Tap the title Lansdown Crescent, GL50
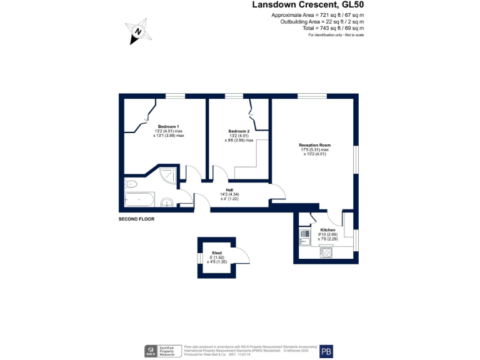pos(307,4)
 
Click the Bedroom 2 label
pos(239,131)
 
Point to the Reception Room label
pos(314,146)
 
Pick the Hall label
pos(230,189)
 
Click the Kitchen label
pos(327,230)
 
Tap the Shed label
pos(217,253)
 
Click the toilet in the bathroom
pos(131,184)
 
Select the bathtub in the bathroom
pos(139,200)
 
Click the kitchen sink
pos(305,236)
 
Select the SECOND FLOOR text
pos(136,219)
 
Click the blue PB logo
pos(326,351)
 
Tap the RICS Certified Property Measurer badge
pos(162,351)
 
